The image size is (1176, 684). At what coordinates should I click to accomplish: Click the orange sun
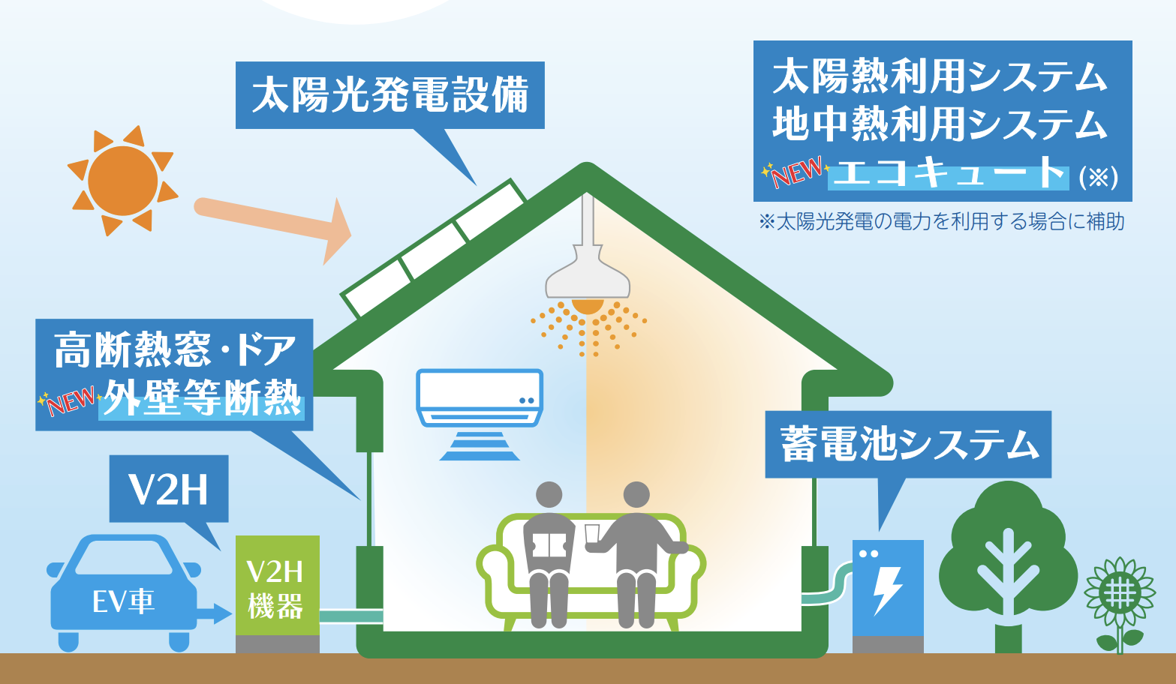122,181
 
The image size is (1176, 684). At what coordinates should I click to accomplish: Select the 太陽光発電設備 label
389,95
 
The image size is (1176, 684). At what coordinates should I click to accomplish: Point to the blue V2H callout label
168,489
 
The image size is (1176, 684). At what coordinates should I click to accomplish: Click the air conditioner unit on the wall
480,398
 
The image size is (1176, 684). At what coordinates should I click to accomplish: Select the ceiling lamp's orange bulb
588,306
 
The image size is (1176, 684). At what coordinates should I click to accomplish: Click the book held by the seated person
549,545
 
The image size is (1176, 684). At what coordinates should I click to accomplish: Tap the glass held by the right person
592,533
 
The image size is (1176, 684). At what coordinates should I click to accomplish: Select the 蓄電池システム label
908,445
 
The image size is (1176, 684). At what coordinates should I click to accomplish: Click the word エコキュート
949,175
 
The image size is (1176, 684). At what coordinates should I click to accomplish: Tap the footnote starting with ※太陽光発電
941,222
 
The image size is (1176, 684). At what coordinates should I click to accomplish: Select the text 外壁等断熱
203,398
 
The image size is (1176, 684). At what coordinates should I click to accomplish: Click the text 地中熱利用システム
940,124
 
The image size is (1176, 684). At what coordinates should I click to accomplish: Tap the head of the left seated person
549,495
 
